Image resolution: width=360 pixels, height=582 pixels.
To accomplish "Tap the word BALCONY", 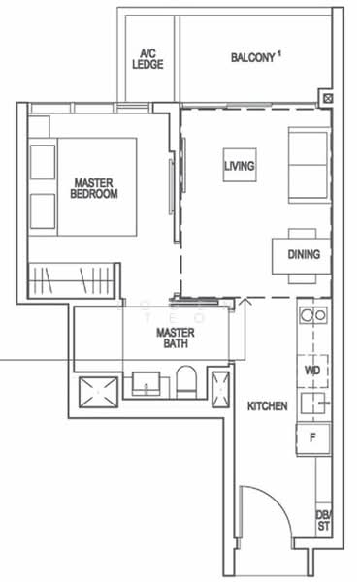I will point(253,57).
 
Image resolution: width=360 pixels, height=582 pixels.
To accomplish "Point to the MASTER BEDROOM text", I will point(93,187).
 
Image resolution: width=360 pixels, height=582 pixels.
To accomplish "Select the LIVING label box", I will point(239,167).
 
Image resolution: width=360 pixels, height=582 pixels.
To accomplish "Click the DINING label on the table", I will point(304,254).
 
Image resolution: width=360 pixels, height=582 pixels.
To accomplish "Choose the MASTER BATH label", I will point(176,339).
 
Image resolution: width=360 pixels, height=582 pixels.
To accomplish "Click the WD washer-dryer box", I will point(312,371).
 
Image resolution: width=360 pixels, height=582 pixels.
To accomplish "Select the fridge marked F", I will point(312,437).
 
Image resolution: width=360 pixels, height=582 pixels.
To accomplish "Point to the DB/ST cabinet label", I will point(323,521).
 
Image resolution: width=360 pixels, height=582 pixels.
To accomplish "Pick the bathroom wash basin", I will point(147,385).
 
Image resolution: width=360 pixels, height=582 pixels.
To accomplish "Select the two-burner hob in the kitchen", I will point(312,315).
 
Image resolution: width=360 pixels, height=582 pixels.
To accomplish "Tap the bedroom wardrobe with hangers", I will point(74,279).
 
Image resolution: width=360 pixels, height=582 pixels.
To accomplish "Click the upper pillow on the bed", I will point(44,161).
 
